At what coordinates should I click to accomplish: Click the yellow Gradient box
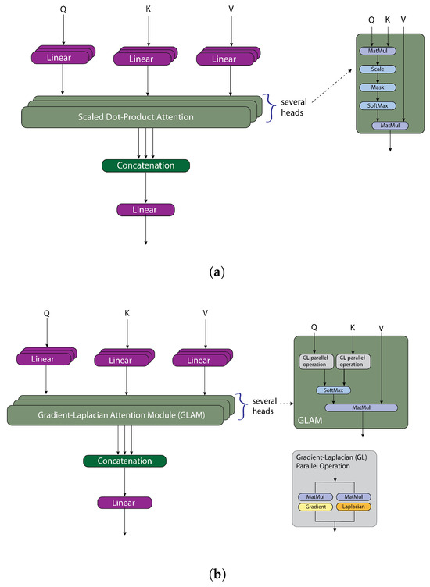[x=314, y=506]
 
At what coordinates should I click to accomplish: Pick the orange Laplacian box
[x=354, y=506]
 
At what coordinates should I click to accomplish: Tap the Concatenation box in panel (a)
[x=145, y=165]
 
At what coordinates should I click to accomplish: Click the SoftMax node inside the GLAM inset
[x=334, y=390]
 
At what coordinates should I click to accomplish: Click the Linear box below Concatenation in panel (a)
[x=145, y=209]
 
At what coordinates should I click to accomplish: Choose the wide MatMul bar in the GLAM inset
[x=361, y=407]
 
